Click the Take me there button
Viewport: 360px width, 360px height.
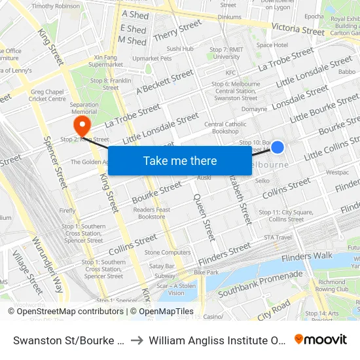click(x=179, y=160)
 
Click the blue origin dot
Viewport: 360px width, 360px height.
click(x=278, y=147)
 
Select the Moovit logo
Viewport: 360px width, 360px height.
click(x=320, y=340)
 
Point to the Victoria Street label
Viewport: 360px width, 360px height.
click(x=298, y=29)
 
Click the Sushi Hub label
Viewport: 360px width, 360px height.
click(x=179, y=48)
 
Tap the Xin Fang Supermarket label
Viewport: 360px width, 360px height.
click(x=105, y=61)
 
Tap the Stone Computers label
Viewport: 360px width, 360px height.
click(x=168, y=252)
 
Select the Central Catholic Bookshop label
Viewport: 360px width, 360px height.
click(x=225, y=128)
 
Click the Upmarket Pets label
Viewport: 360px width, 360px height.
click(x=151, y=58)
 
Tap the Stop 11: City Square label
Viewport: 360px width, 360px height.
click(x=281, y=215)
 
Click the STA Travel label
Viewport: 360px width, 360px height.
click(x=278, y=238)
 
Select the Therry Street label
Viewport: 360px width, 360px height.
click(x=177, y=31)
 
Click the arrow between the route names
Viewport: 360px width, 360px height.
click(x=137, y=340)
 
